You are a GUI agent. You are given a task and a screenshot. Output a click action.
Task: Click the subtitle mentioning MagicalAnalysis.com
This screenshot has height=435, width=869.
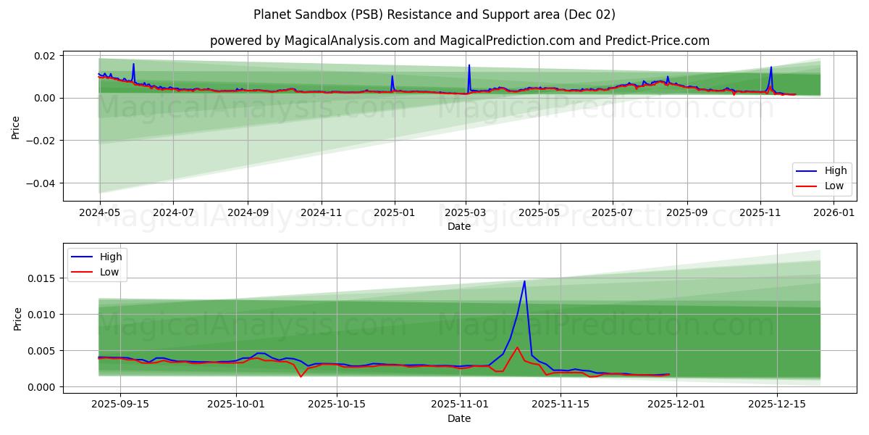click(x=459, y=41)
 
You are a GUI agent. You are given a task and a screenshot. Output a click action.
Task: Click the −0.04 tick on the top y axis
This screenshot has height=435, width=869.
click(x=43, y=183)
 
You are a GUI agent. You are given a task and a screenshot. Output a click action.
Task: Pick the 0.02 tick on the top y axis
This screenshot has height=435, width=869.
click(x=46, y=56)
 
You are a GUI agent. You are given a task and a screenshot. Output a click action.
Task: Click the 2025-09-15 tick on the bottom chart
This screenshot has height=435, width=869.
click(x=119, y=405)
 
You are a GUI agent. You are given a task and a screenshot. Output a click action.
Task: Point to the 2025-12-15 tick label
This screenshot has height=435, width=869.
click(x=776, y=405)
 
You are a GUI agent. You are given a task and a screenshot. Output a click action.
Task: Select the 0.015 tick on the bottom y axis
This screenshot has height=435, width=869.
click(x=42, y=278)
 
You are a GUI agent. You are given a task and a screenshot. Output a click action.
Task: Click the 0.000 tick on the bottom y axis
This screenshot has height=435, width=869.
click(x=42, y=387)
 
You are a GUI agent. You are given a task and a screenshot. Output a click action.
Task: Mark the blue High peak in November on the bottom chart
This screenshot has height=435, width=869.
click(x=524, y=281)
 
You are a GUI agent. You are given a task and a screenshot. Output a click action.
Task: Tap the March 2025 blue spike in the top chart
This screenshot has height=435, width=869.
click(x=469, y=65)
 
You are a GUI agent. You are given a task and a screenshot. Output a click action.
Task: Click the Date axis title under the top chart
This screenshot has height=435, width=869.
click(x=459, y=226)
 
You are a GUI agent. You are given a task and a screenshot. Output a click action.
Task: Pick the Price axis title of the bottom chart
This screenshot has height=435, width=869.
click(x=17, y=318)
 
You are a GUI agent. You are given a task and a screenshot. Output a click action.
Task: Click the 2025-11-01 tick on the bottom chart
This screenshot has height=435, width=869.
click(x=460, y=405)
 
